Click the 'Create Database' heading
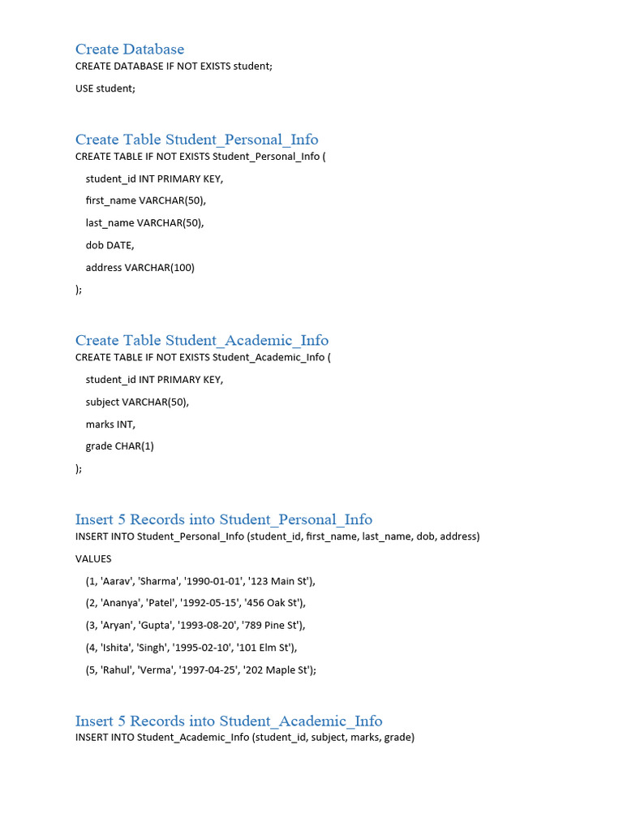click(130, 50)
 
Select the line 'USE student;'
click(105, 88)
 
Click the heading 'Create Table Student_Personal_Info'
click(196, 140)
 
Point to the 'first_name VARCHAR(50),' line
click(145, 200)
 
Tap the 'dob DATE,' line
click(110, 245)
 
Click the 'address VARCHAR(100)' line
click(140, 267)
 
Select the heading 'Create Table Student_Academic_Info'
click(202, 340)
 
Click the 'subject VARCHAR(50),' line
click(137, 402)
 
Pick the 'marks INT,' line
click(111, 424)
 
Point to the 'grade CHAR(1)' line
click(120, 446)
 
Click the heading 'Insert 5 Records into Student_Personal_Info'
click(224, 519)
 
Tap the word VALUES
click(93, 559)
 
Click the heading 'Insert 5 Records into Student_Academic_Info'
click(229, 721)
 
